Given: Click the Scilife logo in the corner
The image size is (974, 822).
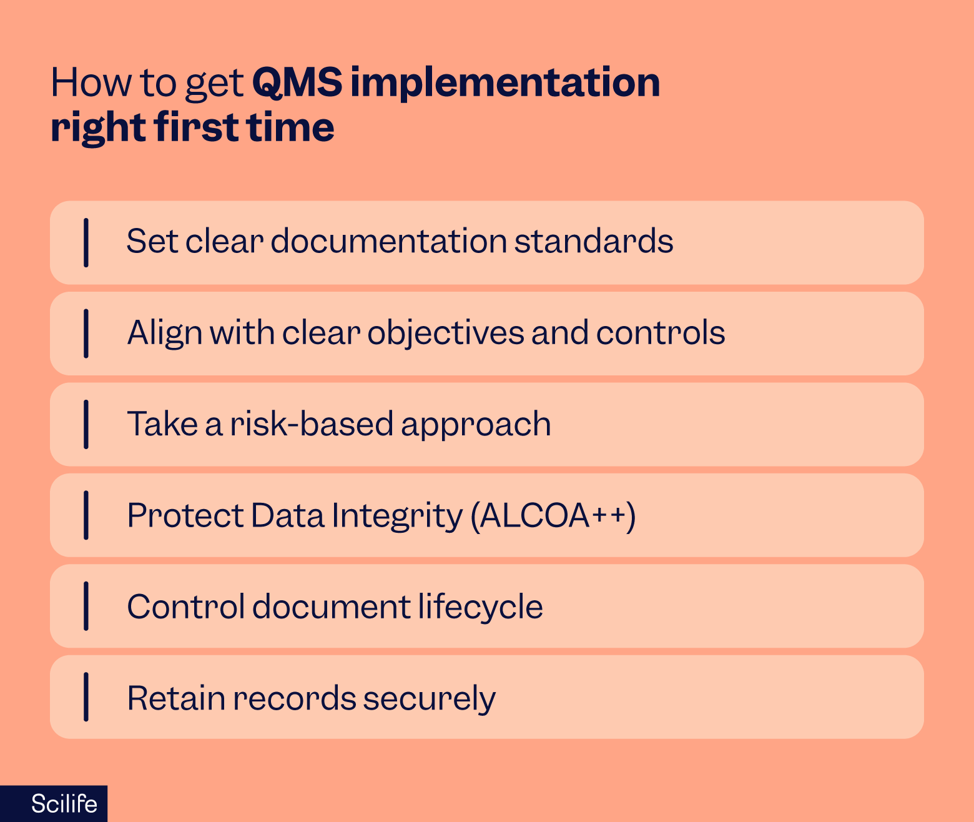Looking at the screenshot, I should (64, 803).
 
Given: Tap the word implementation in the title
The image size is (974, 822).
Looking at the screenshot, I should (504, 83).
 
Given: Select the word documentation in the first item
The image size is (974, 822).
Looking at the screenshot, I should (388, 241).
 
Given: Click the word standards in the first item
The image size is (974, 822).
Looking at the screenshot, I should (593, 241).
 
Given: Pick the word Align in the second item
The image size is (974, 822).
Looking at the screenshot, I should (165, 333).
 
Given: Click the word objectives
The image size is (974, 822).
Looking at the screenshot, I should (445, 333).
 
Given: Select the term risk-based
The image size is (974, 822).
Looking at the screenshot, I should (311, 424).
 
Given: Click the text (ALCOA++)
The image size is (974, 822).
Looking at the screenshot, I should (553, 516).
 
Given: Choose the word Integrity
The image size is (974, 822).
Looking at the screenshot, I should (397, 517).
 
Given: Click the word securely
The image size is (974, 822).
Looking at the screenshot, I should (429, 699).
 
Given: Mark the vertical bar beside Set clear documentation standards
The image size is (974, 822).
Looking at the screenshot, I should (86, 242).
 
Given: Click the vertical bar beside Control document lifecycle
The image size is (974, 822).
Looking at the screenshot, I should (86, 606).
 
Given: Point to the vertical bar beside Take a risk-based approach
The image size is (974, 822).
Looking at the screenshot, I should (86, 424).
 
